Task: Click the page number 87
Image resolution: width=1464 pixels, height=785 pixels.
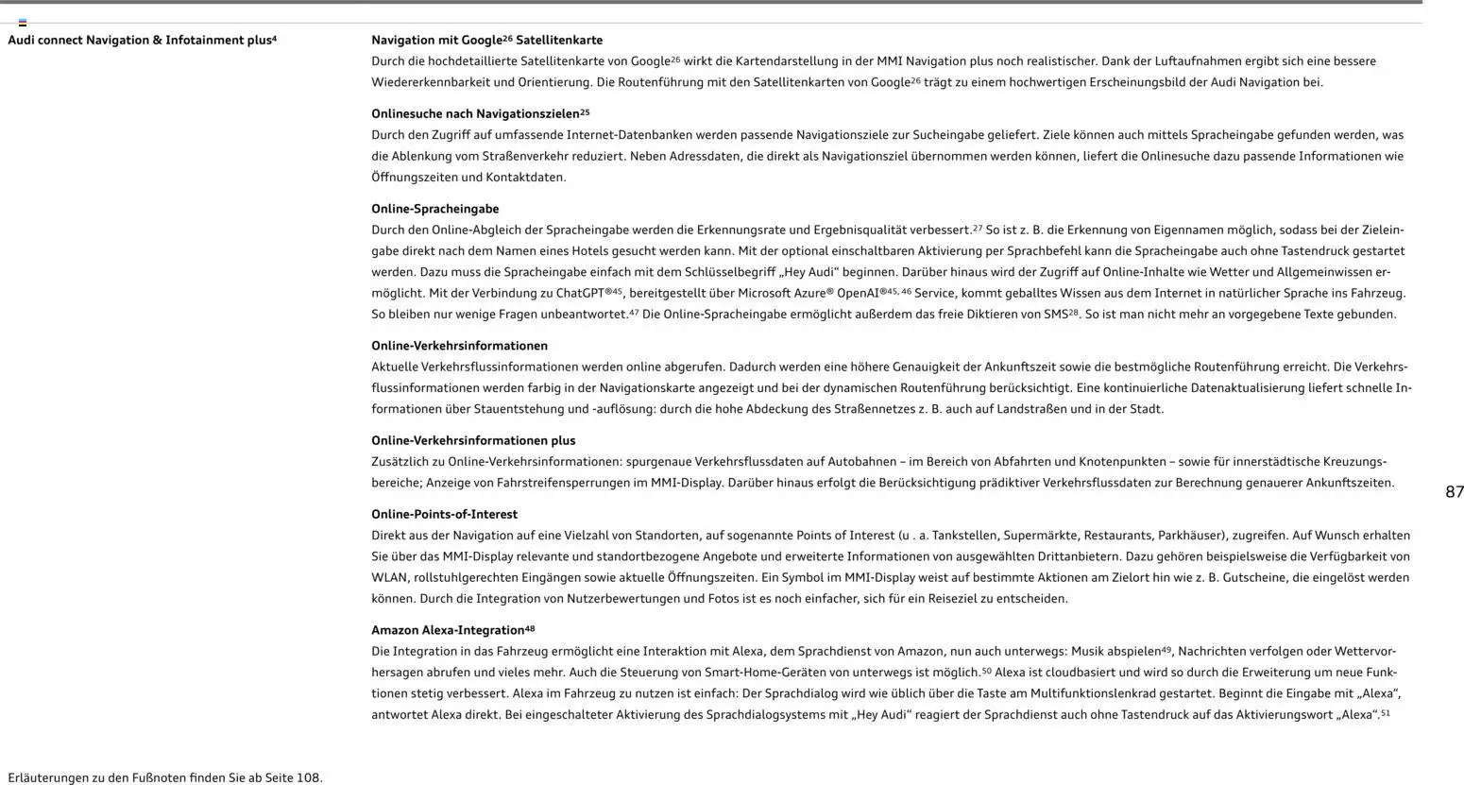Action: pos(1454,492)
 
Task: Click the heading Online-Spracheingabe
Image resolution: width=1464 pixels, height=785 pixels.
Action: pos(434,209)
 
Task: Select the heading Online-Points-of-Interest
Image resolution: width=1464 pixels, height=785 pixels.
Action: pos(444,515)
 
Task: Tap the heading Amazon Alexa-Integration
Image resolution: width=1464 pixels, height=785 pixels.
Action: pos(448,630)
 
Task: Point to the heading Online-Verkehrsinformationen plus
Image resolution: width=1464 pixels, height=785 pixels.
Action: pos(472,440)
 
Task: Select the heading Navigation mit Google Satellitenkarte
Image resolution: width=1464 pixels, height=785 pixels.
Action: pos(486,41)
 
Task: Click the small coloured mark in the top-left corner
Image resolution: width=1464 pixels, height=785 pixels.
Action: pos(23,23)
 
